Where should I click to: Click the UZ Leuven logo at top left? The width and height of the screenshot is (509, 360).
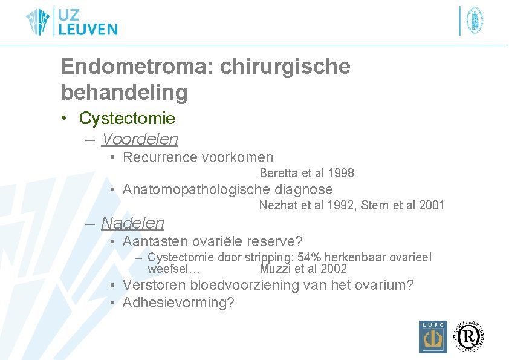click(x=71, y=22)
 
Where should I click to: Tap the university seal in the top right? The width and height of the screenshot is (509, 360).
click(x=475, y=21)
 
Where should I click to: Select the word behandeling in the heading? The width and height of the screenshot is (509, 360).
click(x=124, y=93)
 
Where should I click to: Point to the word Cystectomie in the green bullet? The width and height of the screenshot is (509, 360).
click(x=127, y=118)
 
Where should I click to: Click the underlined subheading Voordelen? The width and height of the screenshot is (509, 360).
click(x=140, y=139)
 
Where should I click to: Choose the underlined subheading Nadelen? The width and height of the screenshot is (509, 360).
click(x=132, y=223)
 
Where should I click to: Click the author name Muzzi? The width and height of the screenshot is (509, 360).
click(x=274, y=269)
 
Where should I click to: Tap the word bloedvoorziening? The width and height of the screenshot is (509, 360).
click(x=250, y=285)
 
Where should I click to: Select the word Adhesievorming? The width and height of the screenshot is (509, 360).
click(x=178, y=303)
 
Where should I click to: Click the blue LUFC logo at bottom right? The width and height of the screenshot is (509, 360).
click(x=433, y=336)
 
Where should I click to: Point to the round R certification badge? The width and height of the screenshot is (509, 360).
click(x=470, y=335)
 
